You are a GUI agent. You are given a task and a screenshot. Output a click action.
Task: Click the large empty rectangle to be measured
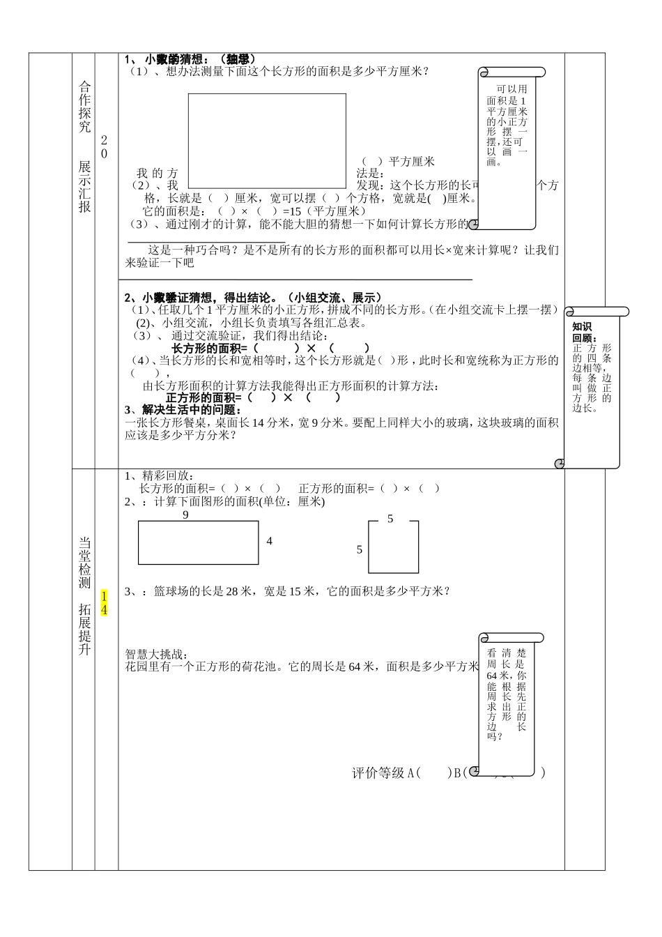coord(267,140)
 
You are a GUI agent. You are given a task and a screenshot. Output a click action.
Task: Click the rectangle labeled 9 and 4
coord(199,542)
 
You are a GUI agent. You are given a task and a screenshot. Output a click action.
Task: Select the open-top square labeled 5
coord(393,547)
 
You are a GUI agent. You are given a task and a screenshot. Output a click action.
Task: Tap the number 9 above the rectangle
coord(185,515)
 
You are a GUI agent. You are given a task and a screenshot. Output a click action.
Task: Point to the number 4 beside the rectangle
coord(270,541)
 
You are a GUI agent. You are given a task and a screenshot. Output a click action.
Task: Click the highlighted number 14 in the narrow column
coord(105,603)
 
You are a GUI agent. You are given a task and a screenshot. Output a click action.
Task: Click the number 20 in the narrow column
coord(105,146)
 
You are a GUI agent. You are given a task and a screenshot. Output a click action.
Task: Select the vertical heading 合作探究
coord(84,107)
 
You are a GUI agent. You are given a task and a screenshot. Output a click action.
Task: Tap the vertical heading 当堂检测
coord(84,563)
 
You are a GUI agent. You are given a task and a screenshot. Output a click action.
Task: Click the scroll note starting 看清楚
coord(507,694)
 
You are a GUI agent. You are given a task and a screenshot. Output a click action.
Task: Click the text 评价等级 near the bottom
coord(378,772)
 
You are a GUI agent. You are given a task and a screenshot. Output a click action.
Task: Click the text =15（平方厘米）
coord(325,211)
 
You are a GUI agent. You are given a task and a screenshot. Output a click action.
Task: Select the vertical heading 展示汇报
coord(84,187)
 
